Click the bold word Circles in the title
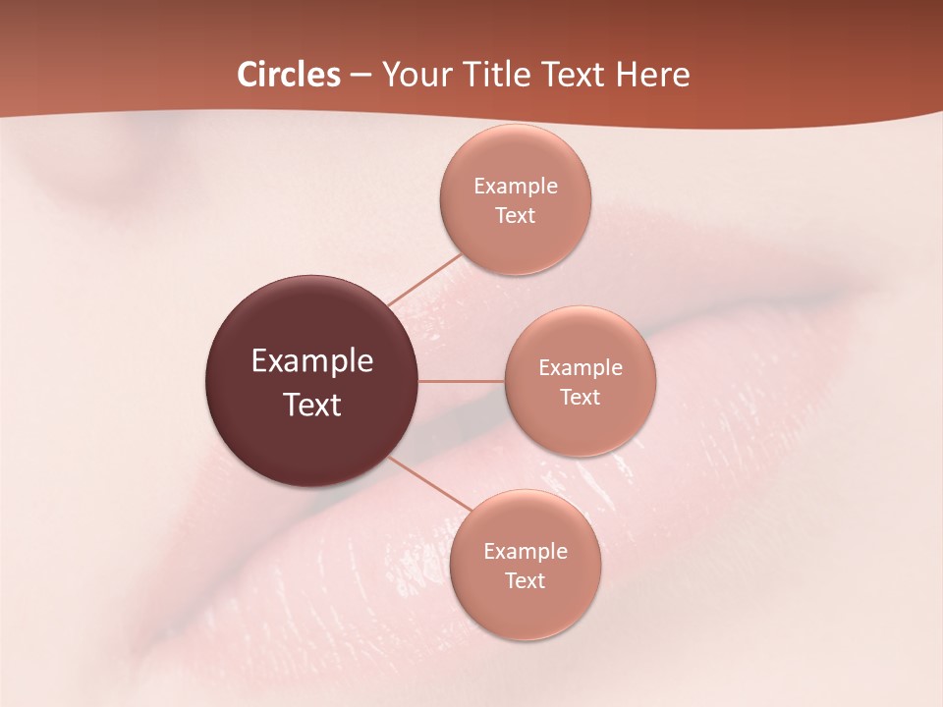[289, 75]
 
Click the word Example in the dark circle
[312, 361]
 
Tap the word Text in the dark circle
[312, 405]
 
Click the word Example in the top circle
[516, 187]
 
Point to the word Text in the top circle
[516, 216]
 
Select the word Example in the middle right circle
[581, 368]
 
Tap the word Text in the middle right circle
[581, 398]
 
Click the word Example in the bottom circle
[526, 552]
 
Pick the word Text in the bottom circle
[526, 581]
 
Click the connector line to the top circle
[425, 280]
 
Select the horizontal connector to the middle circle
[462, 381]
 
